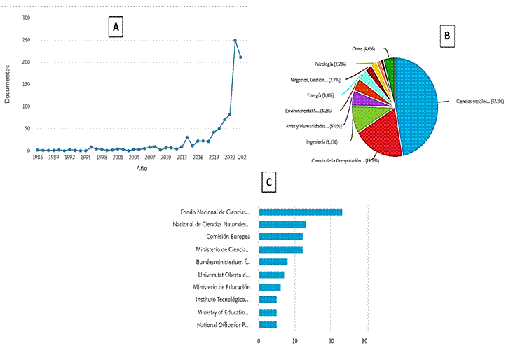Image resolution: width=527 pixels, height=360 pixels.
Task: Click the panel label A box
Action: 116,27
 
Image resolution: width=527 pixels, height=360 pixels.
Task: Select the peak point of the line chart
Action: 235,41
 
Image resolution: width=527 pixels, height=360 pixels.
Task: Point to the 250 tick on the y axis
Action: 25,40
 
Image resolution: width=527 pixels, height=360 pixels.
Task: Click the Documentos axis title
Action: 7,84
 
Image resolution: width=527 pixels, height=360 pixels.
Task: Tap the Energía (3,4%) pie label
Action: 322,95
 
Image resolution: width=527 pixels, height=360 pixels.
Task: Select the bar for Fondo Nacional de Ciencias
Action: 300,212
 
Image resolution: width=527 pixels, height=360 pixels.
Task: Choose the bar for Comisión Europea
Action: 280,237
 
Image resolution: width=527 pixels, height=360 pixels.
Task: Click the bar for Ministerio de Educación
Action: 270,287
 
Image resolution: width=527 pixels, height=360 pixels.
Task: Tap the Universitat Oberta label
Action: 224,275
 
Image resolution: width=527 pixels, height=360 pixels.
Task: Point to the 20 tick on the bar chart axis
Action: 331,340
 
